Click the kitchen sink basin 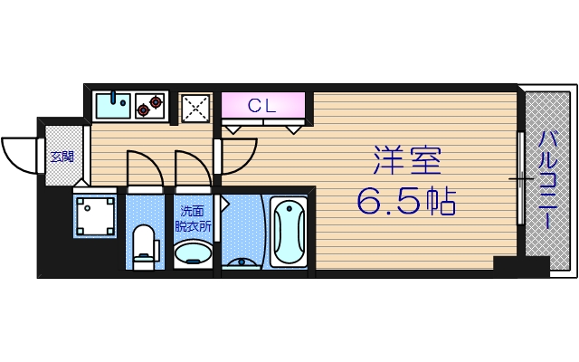tap(112, 108)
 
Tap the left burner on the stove tap(143, 110)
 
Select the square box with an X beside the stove tap(195, 108)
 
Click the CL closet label tap(262, 105)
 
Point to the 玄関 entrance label tap(62, 157)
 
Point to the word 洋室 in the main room tap(406, 161)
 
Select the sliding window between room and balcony tap(521, 179)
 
